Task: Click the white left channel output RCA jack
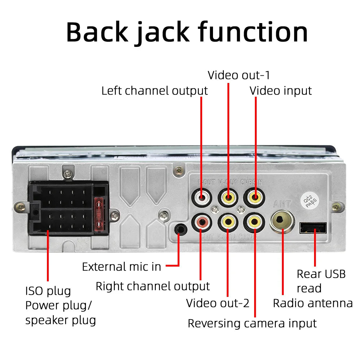point(201,198)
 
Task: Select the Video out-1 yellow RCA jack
point(228,198)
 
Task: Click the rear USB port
point(313,228)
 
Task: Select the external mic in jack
point(180,229)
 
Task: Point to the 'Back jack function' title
point(187,32)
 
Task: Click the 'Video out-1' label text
point(239,75)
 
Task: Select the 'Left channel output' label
point(154,91)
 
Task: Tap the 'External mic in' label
point(121,267)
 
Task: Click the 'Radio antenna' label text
point(313,303)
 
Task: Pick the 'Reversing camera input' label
point(252,323)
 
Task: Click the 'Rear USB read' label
point(321,281)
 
